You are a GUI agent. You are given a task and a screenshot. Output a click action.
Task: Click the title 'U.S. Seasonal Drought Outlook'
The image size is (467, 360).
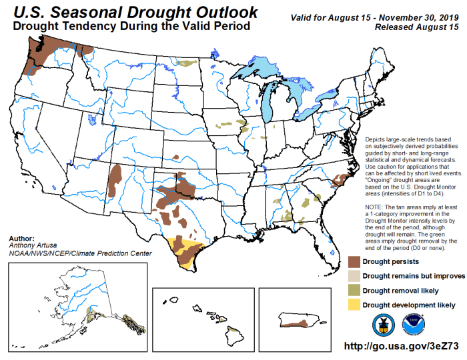131,12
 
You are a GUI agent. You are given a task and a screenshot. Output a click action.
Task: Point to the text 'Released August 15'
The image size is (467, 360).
417,27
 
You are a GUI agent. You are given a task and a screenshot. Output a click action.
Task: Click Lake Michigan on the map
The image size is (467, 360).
270,100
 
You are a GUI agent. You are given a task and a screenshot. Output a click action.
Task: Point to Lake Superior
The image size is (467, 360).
267,67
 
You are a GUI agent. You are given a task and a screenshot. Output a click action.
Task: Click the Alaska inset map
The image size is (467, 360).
73,303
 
